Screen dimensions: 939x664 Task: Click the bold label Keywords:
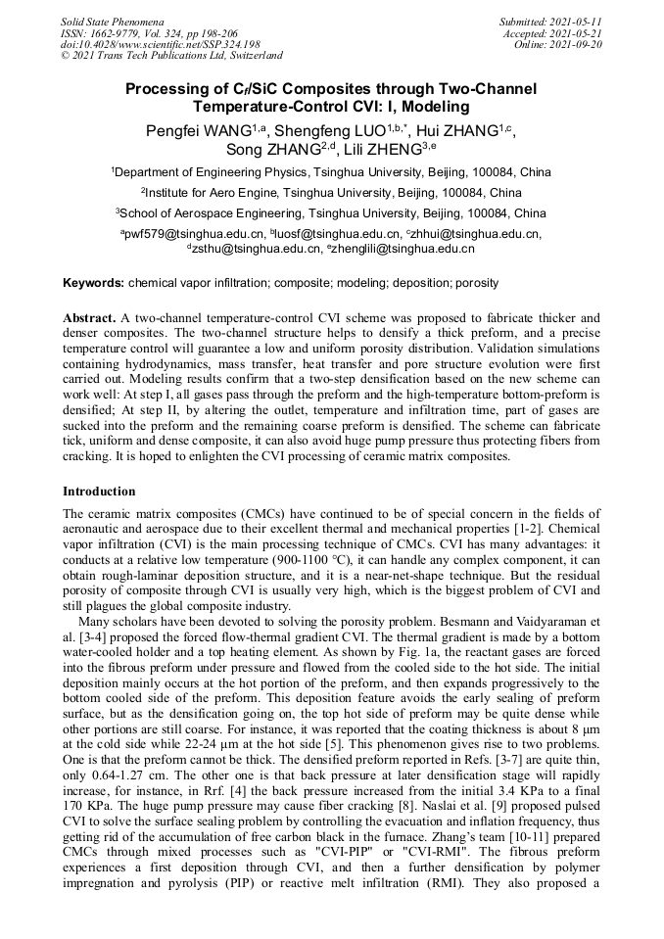[x=94, y=283]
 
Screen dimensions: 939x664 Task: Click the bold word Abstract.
[x=88, y=318]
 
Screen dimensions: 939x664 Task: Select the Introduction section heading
[x=99, y=491]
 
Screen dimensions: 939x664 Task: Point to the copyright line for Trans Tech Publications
[x=171, y=56]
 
